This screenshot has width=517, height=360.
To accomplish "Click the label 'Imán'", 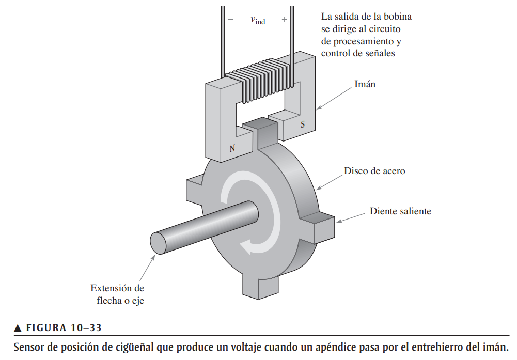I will [x=365, y=84].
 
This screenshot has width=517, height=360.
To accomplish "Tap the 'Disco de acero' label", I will [x=374, y=171].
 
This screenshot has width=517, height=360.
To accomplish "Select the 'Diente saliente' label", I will [x=400, y=211].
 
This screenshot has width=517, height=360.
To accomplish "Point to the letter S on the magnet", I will [x=303, y=124].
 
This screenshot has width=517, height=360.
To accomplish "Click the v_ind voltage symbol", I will [x=258, y=20].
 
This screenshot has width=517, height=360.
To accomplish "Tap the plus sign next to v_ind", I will [x=284, y=20].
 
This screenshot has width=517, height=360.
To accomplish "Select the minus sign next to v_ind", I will [x=230, y=20].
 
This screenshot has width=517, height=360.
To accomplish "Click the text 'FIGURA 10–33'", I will [x=64, y=328].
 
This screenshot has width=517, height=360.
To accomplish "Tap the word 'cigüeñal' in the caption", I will [x=136, y=346].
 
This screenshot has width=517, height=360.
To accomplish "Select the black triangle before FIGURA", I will [x=18, y=328].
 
